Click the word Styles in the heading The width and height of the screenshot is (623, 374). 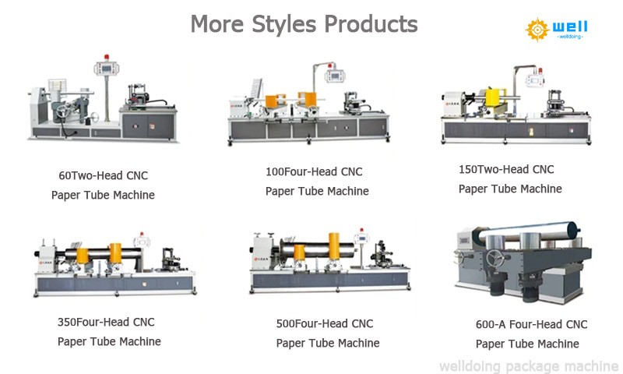click(x=284, y=25)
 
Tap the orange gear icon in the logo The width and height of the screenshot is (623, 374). click(x=537, y=30)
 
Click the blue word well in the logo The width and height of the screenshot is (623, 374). click(x=570, y=26)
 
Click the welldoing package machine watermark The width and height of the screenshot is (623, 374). click(x=529, y=366)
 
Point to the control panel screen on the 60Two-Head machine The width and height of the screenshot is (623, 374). click(x=107, y=69)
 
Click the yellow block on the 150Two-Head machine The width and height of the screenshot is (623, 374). click(x=496, y=97)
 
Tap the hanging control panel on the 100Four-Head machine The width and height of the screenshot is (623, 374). click(x=335, y=76)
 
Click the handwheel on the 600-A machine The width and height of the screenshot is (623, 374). click(x=495, y=259)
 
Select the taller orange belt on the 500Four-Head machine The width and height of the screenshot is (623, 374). click(x=334, y=246)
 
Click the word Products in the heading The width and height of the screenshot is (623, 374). click(x=371, y=25)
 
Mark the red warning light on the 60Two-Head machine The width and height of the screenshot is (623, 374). click(x=106, y=57)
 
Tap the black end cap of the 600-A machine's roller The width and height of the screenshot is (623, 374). click(x=573, y=229)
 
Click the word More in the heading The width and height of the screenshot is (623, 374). click(x=217, y=25)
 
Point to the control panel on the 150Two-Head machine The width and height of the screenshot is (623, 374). click(x=535, y=81)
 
